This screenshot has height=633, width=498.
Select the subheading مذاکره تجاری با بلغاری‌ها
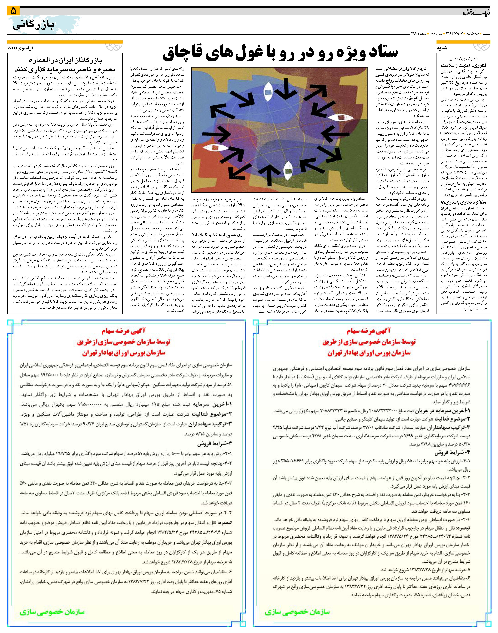click(464, 202)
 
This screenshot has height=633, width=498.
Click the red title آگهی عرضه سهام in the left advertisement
click(124, 331)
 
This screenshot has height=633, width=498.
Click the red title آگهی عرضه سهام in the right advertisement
click(369, 331)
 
